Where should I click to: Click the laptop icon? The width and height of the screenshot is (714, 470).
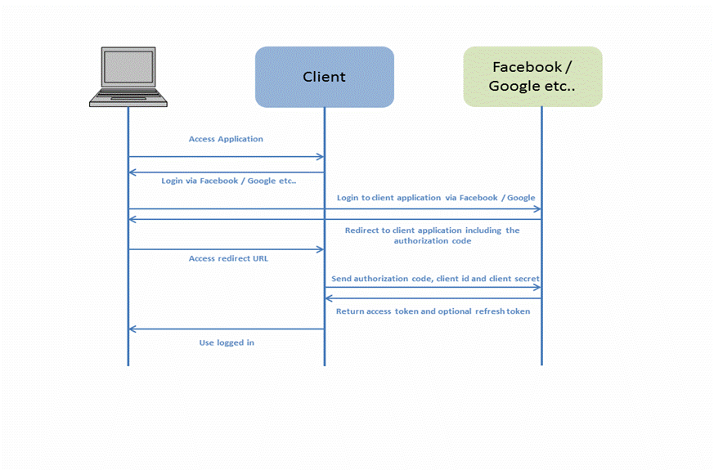(128, 77)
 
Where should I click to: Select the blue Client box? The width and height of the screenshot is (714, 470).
(324, 77)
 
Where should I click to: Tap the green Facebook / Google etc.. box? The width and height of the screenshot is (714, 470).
(532, 77)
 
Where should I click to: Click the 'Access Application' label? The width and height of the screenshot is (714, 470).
(226, 139)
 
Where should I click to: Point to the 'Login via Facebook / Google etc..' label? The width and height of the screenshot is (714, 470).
(228, 181)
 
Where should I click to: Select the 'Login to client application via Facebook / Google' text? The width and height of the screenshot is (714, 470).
(436, 198)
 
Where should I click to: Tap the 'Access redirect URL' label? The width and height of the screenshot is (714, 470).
(228, 258)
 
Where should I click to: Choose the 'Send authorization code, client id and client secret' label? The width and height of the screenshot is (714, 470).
(435, 279)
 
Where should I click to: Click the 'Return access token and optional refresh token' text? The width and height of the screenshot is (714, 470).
(433, 311)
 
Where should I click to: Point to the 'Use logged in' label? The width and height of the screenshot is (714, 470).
(227, 342)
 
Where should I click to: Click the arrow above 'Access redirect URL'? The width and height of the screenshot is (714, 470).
(227, 249)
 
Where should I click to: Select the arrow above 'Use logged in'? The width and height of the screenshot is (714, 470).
(227, 329)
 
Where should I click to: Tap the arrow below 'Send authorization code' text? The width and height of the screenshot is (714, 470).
(433, 287)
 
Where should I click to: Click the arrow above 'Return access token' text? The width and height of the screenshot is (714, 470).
(433, 298)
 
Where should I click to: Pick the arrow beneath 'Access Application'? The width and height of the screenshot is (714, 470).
(227, 156)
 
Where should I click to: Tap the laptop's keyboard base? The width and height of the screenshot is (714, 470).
(128, 99)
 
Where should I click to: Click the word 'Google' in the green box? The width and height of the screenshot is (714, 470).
(514, 86)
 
